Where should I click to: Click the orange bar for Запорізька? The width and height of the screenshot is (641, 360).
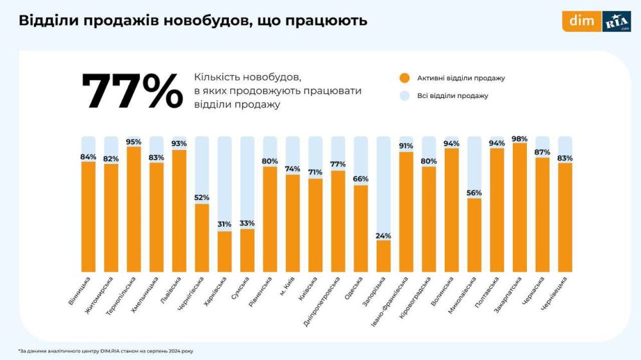(383, 256)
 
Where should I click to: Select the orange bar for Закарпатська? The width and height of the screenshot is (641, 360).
(520, 208)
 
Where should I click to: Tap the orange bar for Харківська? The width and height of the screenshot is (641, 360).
(224, 252)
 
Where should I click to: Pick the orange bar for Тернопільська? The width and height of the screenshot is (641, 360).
(133, 209)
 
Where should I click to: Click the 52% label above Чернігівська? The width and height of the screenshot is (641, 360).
(201, 197)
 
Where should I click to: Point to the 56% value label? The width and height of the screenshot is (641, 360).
(474, 193)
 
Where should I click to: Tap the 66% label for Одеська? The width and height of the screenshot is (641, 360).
(361, 179)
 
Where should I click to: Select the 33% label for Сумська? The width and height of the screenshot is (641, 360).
(247, 223)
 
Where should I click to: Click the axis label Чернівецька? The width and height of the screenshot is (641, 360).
(554, 293)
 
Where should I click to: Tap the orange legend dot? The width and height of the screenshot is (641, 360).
(404, 78)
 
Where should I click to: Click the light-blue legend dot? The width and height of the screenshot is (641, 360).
(404, 95)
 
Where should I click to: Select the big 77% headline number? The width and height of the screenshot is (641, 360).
(132, 92)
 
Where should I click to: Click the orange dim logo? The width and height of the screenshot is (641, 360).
(581, 21)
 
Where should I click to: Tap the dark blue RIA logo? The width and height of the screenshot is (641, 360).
(616, 21)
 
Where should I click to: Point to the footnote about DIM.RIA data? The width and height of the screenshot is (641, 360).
(106, 350)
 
